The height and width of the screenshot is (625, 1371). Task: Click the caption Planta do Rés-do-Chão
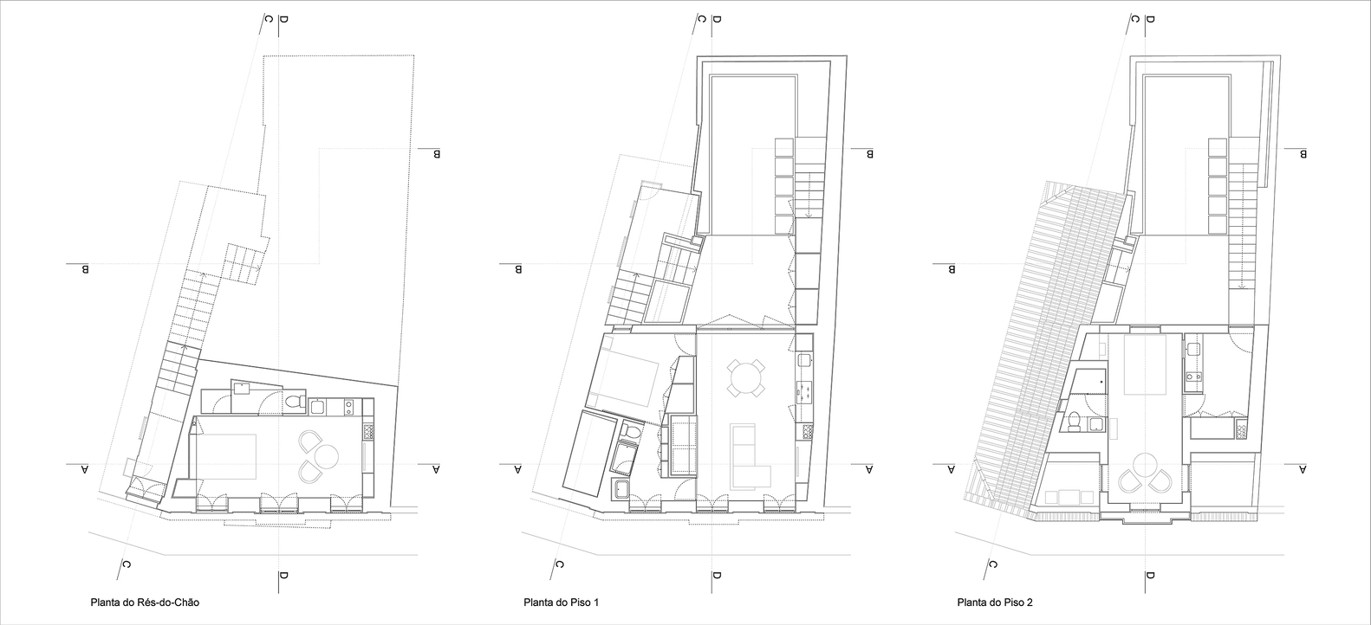[145, 602]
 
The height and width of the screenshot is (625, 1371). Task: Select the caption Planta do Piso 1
[562, 602]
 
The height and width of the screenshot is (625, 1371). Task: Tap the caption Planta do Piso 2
[995, 602]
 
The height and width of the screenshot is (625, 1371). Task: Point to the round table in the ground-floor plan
[326, 455]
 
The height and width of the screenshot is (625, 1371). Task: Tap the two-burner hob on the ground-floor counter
[349, 407]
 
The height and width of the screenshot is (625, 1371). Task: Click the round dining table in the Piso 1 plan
[746, 377]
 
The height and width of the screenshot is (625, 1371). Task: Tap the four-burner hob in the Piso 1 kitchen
[805, 392]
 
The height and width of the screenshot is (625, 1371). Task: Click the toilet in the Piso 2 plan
[1074, 422]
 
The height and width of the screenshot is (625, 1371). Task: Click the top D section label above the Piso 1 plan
[717, 20]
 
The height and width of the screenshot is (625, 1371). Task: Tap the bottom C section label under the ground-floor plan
[126, 564]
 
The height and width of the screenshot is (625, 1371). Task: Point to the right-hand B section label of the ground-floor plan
[437, 153]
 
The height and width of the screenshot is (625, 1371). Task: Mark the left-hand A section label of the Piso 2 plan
[952, 469]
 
